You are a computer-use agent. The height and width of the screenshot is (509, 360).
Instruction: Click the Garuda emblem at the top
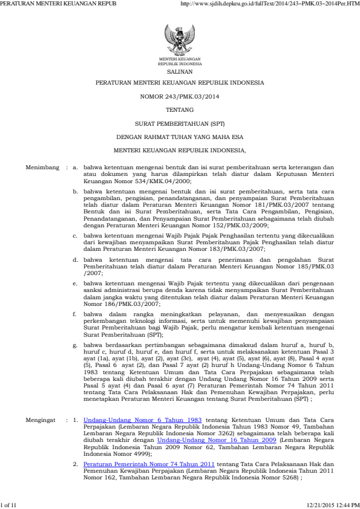[180, 39]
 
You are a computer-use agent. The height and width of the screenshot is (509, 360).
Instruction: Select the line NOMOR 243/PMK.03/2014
[180, 96]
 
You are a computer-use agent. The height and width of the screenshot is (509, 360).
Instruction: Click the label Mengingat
[42, 452]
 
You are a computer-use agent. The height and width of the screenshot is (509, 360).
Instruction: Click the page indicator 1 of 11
[11, 504]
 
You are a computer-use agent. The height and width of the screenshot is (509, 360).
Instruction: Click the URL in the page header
[270, 4]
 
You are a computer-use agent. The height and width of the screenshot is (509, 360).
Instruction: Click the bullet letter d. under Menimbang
[74, 259]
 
